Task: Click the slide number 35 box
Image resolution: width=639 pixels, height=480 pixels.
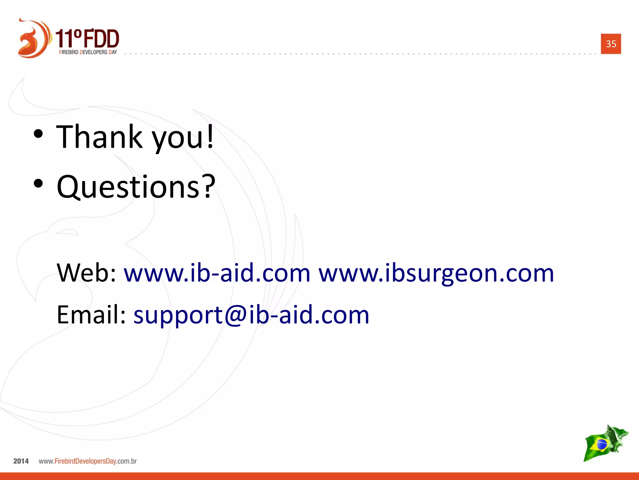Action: coord(611,44)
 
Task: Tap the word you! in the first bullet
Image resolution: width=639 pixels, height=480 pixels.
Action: coord(183,137)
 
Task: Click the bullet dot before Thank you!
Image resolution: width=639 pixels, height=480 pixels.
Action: coord(38,134)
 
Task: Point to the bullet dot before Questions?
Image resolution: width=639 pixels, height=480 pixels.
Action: coord(38,184)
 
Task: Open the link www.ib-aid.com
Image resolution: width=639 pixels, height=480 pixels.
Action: coord(217,273)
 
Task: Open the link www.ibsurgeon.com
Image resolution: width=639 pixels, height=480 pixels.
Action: coord(436,273)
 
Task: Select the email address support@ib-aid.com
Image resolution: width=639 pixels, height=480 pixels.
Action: coord(251,315)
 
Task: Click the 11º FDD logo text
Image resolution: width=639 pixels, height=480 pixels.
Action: coord(87,39)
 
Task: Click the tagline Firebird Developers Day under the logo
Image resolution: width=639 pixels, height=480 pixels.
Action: coord(88,52)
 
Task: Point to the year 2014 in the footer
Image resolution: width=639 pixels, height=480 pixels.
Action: coord(21,461)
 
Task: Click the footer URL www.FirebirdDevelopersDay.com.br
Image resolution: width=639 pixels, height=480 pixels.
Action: coord(88,461)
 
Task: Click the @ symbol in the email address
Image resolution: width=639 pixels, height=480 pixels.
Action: coord(236,315)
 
